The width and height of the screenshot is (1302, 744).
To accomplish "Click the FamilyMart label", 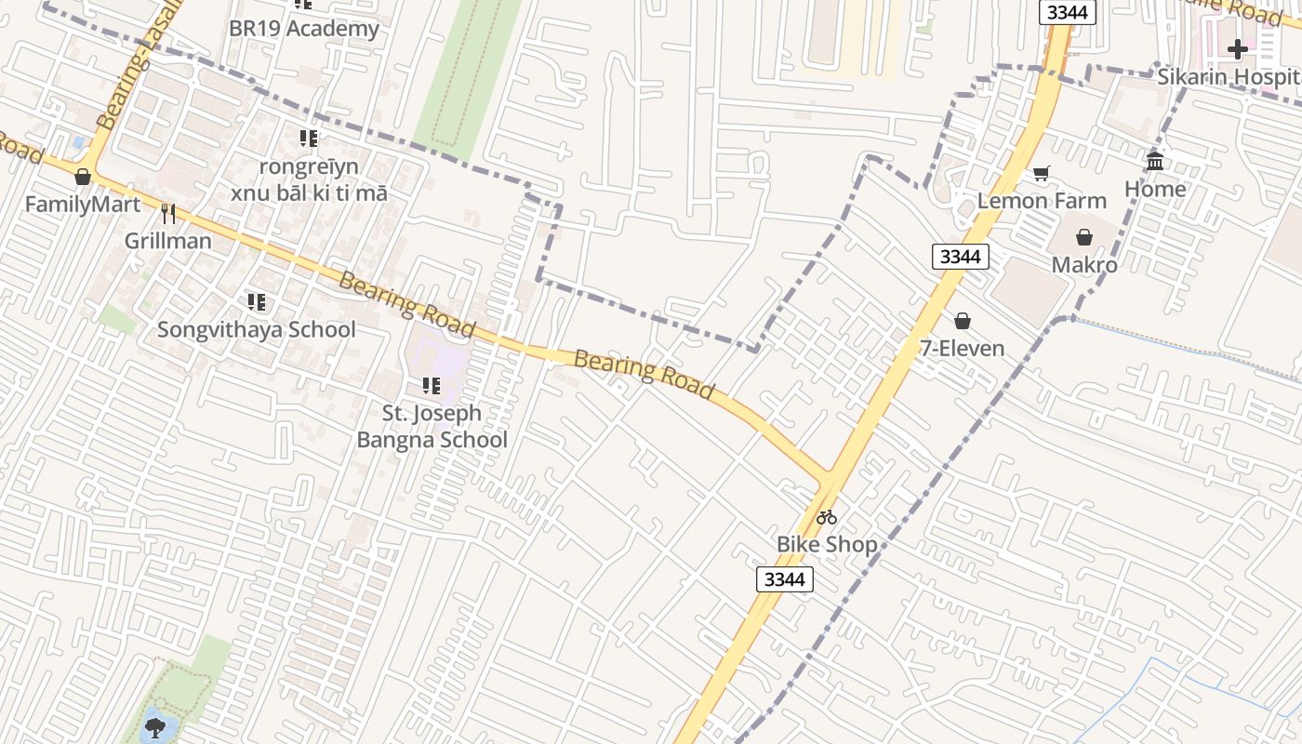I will (x=83, y=204).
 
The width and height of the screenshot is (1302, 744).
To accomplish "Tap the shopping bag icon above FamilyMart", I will (x=83, y=177).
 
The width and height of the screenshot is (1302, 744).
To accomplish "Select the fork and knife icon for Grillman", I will (x=168, y=214).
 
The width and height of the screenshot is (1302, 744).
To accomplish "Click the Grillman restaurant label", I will (x=168, y=241).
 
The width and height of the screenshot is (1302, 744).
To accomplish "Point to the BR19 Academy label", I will (x=304, y=28).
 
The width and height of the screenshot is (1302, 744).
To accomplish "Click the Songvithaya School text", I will (x=256, y=329).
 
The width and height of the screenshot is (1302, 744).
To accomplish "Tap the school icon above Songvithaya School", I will (x=257, y=302).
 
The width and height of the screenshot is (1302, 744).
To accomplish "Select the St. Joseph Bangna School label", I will (x=432, y=426).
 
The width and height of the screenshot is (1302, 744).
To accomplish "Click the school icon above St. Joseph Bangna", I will (x=432, y=385).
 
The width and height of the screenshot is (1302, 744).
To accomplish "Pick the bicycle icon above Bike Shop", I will (x=827, y=517).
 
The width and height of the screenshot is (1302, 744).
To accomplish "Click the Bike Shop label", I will (x=827, y=544).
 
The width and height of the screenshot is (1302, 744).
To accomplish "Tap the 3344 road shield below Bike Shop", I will (x=784, y=579).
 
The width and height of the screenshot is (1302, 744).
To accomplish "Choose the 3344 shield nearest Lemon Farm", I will (x=960, y=257).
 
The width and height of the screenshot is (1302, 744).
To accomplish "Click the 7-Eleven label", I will (x=962, y=348).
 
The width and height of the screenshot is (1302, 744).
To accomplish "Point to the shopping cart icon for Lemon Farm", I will (x=1042, y=174).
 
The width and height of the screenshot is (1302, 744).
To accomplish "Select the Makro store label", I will (x=1084, y=265).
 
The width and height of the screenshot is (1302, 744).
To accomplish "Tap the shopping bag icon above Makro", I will (x=1084, y=238).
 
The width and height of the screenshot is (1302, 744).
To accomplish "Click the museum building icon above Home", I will (x=1155, y=162).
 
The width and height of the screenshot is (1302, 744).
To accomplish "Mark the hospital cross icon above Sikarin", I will (x=1238, y=49).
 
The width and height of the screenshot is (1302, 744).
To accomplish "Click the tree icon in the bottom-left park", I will (x=155, y=724).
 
